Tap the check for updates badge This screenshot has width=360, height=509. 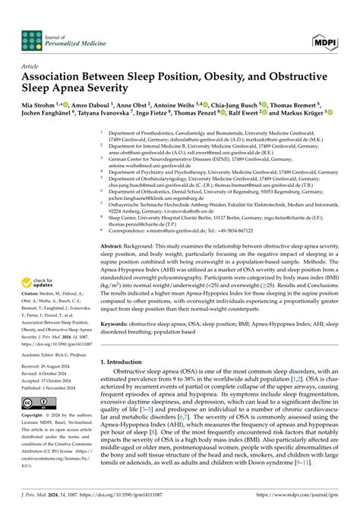[x=38, y=241]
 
